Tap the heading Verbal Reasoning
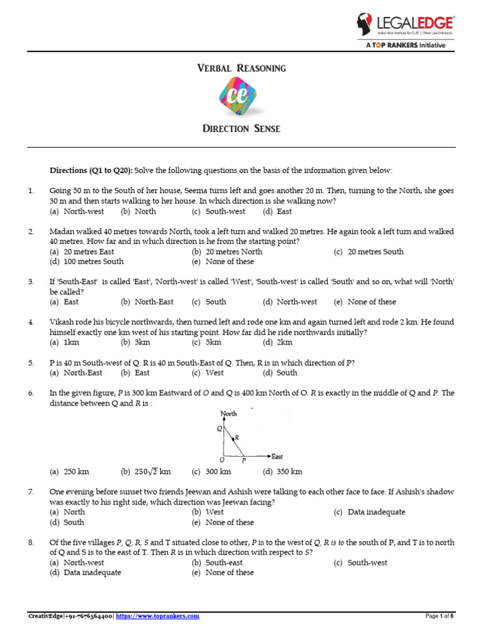(241, 67)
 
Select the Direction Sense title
(241, 129)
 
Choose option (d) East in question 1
(277, 211)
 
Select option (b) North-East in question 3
(147, 302)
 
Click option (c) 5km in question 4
(207, 342)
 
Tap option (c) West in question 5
(208, 372)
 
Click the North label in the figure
(229, 413)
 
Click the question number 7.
(30, 492)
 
